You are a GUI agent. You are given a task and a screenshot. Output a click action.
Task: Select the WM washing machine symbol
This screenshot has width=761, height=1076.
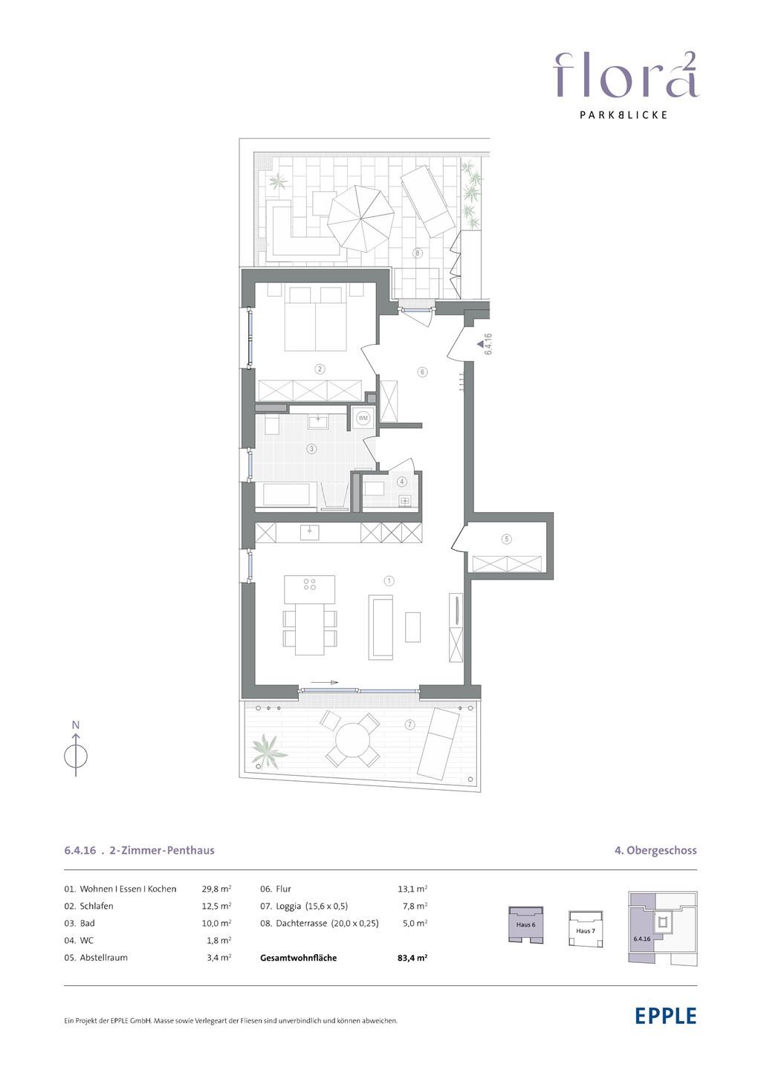(x=363, y=418)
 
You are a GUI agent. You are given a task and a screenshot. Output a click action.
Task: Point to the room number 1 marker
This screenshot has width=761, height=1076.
(x=389, y=581)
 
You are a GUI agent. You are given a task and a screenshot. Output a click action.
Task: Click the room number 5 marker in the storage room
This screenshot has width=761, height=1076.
(x=507, y=539)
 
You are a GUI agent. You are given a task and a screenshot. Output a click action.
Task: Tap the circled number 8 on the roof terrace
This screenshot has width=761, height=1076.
(x=418, y=253)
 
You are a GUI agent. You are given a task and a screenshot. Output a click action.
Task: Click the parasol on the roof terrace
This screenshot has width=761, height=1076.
(x=360, y=218)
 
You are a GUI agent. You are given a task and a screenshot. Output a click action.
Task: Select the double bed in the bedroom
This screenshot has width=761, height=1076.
(x=315, y=319)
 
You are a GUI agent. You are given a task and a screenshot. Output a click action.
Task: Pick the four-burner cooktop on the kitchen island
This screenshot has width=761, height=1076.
(x=310, y=584)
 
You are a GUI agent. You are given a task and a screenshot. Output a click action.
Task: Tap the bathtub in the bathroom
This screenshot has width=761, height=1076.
(x=286, y=495)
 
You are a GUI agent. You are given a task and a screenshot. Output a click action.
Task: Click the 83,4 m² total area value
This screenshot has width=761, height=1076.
(x=409, y=958)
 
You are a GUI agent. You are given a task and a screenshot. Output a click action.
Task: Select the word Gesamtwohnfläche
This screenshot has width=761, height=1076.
(x=298, y=958)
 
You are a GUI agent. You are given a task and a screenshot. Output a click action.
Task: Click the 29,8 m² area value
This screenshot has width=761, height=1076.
(x=217, y=889)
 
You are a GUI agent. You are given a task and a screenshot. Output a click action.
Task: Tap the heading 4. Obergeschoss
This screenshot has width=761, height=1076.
(x=655, y=850)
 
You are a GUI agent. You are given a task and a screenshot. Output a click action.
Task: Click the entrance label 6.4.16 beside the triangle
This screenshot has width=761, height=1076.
(x=488, y=344)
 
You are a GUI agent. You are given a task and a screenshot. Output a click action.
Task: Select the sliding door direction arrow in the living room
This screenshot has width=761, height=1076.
(x=324, y=682)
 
